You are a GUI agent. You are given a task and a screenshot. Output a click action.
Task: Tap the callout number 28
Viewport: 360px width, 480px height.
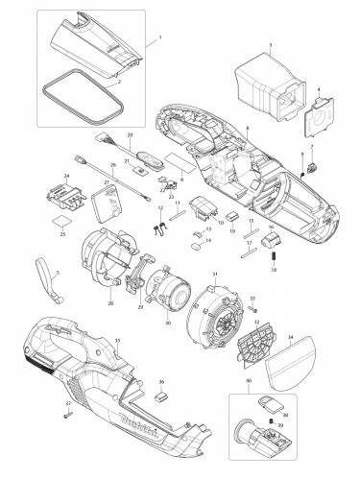[111, 302]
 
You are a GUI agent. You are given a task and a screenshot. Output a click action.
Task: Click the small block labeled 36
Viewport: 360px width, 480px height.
[160, 392]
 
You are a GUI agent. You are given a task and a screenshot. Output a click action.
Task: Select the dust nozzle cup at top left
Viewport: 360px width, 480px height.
[96, 44]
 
